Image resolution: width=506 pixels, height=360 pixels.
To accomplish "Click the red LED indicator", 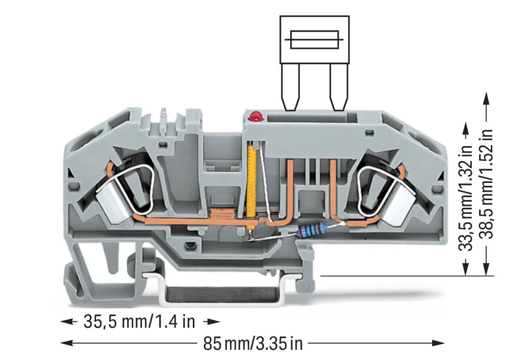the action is pos(256,117).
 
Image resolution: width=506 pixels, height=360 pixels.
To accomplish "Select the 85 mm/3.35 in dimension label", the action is pos(253,343).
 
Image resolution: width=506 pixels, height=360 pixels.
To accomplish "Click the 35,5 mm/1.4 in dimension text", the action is pos(139,322).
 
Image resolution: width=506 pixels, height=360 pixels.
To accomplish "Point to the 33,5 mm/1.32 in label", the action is pos(465,198).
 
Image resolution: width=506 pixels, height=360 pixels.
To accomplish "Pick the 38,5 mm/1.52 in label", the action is pos(486,184).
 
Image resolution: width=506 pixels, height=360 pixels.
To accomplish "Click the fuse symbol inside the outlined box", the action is pos(314,40).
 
